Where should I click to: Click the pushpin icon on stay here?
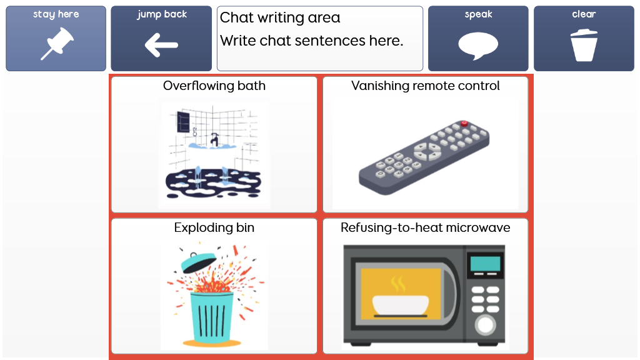57,43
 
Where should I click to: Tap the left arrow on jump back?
161,45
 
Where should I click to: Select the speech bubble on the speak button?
478,46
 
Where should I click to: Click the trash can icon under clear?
584,45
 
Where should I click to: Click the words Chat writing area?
280,17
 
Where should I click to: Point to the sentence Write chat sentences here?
311,41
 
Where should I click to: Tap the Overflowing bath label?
214,86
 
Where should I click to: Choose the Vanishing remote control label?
425,86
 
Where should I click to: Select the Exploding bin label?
214,227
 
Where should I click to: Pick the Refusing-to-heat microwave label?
425,227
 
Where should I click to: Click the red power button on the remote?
464,123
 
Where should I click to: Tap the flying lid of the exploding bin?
198,262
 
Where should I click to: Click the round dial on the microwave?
485,325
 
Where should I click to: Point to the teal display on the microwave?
485,264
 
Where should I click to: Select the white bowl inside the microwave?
401,305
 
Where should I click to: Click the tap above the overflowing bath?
214,139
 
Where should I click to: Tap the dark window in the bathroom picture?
183,121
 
